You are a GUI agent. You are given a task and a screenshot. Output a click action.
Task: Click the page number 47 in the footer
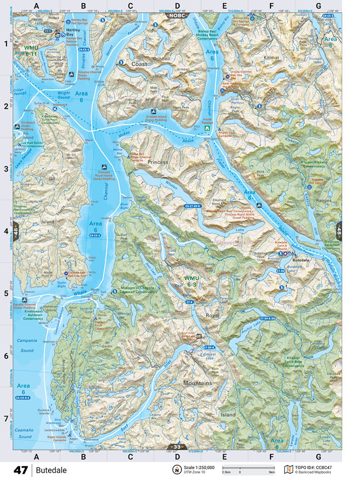pyautogui.click(x=20, y=470)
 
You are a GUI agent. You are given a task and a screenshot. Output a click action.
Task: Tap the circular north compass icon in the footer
pyautogui.click(x=175, y=469)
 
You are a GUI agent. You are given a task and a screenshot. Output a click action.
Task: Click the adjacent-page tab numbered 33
pyautogui.click(x=177, y=447)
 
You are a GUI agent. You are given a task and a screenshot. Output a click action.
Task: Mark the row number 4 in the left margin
pyautogui.click(x=6, y=231)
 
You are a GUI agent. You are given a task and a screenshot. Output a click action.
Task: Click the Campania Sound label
pyautogui.click(x=26, y=345)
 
